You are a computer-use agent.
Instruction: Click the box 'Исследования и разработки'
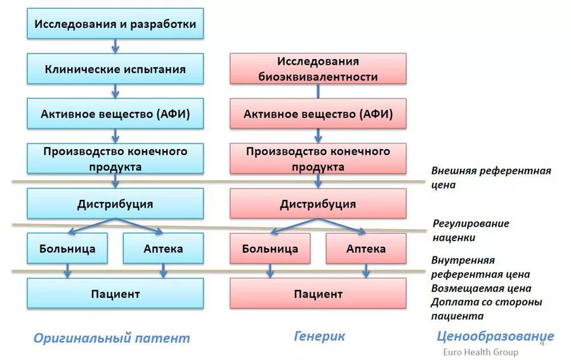pos(115,23)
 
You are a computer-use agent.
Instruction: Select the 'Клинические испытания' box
pos(115,69)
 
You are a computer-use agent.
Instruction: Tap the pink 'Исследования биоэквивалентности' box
pos(318,69)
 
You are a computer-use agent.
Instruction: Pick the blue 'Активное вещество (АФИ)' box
pos(115,114)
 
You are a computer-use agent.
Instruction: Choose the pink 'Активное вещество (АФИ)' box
pos(318,114)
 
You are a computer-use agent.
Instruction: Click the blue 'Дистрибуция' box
pos(115,204)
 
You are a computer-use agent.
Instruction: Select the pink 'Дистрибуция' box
pos(318,204)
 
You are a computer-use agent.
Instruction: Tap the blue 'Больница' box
pos(67,248)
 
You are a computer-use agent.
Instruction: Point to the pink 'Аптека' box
pos(366,248)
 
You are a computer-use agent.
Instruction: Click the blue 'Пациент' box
pos(115,293)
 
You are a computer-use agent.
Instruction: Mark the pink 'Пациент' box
pos(318,293)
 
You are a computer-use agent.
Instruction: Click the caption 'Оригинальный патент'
pos(112,338)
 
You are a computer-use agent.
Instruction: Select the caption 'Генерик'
pos(319,336)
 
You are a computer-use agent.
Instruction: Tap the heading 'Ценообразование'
pos(495,336)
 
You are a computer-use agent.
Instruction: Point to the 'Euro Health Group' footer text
pos(480,352)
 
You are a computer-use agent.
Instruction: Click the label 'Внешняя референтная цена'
pos(491,178)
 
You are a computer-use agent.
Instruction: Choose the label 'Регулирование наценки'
pos(470,230)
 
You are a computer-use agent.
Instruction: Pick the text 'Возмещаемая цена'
pos(480,288)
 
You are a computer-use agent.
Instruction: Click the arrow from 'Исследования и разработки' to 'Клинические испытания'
pos(115,46)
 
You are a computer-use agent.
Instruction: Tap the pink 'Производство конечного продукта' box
pos(318,159)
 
